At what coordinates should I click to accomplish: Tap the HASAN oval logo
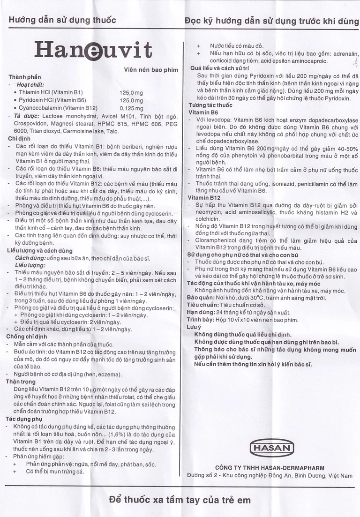pos(272,448)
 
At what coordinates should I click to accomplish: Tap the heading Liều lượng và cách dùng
pos(40,251)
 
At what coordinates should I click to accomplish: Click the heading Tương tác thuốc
pos(210,105)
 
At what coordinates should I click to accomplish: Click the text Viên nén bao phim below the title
pos(151,70)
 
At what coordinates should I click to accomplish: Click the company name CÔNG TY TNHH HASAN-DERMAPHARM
pos(270,468)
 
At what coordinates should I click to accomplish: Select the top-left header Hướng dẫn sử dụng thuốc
pos(62,20)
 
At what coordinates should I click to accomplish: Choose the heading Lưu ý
pos(194,327)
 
